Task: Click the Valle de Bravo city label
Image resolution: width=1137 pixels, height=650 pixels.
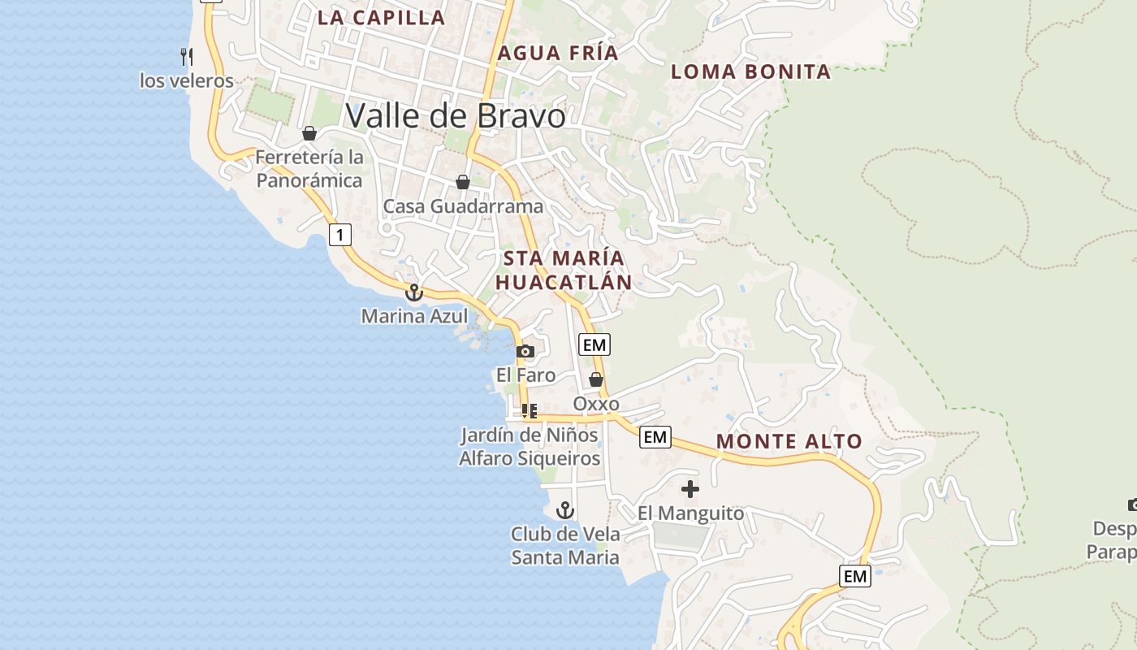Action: [x=455, y=116]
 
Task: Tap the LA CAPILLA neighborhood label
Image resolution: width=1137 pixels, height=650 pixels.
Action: [x=381, y=17]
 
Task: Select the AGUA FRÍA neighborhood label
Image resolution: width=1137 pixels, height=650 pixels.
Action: [x=558, y=54]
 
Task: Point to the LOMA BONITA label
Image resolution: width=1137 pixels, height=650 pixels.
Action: [x=750, y=71]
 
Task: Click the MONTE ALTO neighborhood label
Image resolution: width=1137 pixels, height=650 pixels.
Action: [x=789, y=442]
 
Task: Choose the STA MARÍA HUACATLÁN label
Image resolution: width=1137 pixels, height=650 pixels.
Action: [x=564, y=271]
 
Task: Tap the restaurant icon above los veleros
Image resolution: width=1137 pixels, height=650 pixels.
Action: [x=186, y=56]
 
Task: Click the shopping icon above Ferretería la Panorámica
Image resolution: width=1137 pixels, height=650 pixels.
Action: [x=309, y=133]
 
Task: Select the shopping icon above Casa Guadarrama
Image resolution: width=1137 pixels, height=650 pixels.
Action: [x=462, y=182]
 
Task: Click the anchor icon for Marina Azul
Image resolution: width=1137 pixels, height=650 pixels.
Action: [x=414, y=292]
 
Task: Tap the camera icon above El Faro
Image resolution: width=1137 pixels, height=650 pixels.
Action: [x=525, y=351]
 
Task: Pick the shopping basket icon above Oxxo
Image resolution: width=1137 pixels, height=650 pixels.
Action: [x=596, y=379]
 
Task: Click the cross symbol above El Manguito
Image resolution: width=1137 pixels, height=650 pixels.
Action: [x=690, y=489]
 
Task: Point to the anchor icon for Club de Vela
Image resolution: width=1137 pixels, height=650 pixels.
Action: [x=564, y=510]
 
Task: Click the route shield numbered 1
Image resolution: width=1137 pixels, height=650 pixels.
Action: [x=340, y=236]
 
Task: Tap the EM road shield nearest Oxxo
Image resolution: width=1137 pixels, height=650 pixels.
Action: [x=594, y=344]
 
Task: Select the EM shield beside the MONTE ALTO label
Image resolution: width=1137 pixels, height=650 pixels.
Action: [x=655, y=437]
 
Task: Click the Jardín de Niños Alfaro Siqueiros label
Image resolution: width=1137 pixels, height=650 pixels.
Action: [x=530, y=447]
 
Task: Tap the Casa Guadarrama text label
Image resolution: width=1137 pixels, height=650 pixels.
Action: [x=463, y=206]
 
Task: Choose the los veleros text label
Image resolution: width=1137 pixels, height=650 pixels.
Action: [x=186, y=80]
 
